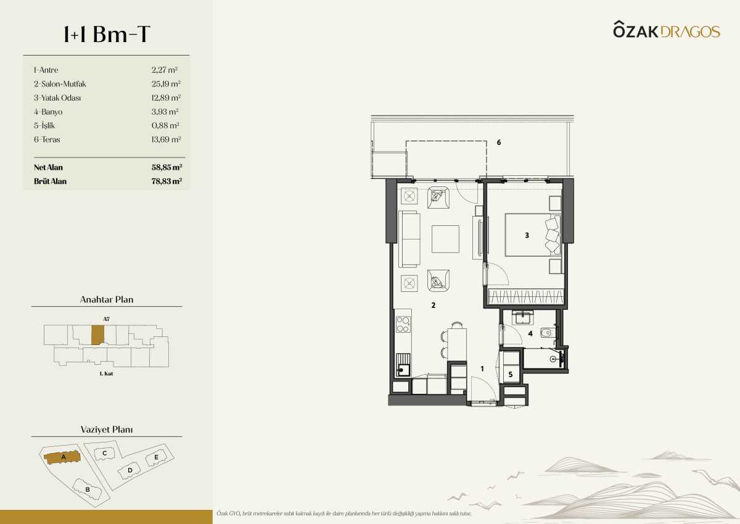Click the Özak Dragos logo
667,30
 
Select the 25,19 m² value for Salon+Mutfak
166,84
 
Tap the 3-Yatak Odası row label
57,98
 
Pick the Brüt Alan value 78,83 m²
167,181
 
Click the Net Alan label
48,167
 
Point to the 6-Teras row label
47,139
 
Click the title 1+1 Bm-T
107,34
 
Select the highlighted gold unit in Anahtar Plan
97,335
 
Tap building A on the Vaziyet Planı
62,457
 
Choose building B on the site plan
87,489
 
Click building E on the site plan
156,457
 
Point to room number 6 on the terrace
499,142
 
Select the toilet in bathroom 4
548,332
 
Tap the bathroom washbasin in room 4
522,318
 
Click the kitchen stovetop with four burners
403,324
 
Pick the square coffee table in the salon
445,239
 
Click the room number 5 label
511,374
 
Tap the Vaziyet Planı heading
107,430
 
